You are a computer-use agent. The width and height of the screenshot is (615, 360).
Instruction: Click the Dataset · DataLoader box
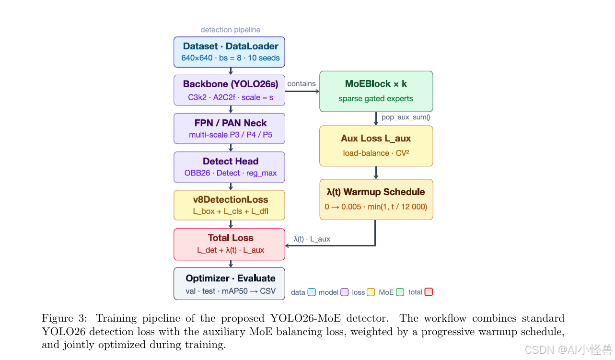(x=229, y=52)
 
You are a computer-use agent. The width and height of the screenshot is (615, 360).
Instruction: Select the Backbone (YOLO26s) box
(x=229, y=90)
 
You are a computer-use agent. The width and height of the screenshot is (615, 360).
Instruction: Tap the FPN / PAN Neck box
(x=229, y=128)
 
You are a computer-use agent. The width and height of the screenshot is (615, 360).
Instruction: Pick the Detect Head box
(x=229, y=167)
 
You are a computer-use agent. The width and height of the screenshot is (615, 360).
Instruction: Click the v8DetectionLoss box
(x=229, y=205)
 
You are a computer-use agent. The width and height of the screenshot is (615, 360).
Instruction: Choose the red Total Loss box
(x=229, y=244)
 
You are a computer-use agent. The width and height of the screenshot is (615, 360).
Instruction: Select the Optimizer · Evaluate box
(x=229, y=284)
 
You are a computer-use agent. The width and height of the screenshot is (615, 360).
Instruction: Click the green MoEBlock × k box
(x=376, y=92)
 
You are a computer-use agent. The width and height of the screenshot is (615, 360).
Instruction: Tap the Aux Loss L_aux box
(x=376, y=146)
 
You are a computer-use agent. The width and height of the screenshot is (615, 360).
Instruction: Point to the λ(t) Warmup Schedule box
(x=376, y=199)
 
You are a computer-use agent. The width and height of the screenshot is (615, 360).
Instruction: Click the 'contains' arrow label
(x=302, y=83)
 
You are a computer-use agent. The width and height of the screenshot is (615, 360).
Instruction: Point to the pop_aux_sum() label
(x=406, y=117)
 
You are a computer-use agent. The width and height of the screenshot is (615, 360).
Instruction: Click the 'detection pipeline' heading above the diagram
(x=231, y=30)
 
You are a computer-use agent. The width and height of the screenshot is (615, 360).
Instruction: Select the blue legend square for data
(x=312, y=292)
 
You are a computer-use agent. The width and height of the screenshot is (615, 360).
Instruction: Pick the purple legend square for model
(x=345, y=292)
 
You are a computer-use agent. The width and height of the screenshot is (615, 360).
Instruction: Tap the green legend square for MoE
(x=400, y=292)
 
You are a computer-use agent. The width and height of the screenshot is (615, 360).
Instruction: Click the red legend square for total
(x=429, y=292)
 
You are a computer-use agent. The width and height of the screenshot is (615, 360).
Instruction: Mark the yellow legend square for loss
(x=371, y=292)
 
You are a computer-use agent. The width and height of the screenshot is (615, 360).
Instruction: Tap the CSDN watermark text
(x=569, y=350)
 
